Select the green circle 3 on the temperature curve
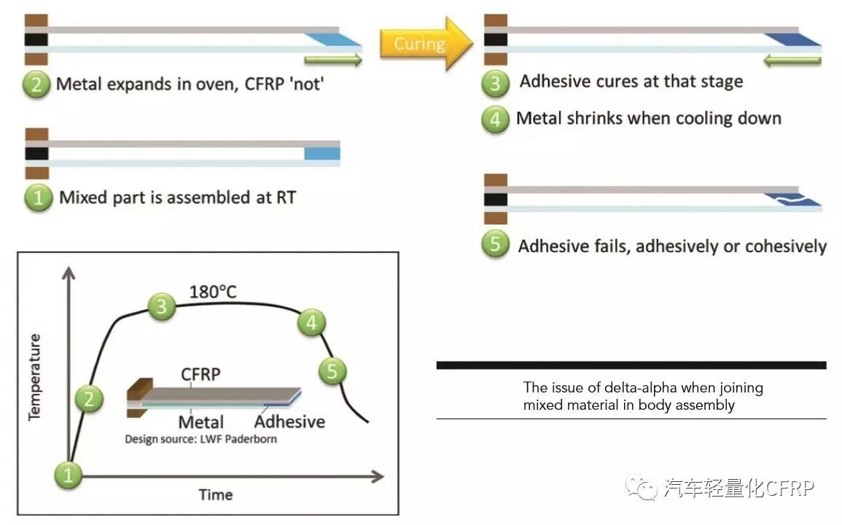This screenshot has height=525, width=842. pos(162,306)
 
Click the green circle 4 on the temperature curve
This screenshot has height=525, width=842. pos(312,322)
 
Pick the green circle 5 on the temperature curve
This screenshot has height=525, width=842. pos(332,371)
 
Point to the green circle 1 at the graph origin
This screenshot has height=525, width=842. pos(69,475)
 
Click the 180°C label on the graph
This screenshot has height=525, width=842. pos(213,292)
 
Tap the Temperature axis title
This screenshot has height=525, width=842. pos(34,377)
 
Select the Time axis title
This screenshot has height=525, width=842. pos(216,494)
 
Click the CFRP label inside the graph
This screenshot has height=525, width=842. pos(201,374)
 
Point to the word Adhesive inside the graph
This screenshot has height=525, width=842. pos(289,421)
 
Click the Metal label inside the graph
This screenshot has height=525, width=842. pos(201,421)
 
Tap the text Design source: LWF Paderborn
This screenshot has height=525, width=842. pos(200,439)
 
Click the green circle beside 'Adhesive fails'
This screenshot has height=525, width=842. pos(496,244)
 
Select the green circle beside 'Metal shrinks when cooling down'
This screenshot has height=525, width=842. pos(496,119)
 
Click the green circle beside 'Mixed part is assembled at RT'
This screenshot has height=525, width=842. pos(39,198)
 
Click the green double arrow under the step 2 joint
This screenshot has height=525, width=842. pos(332,60)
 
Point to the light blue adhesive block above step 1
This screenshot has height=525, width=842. pos(321,153)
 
